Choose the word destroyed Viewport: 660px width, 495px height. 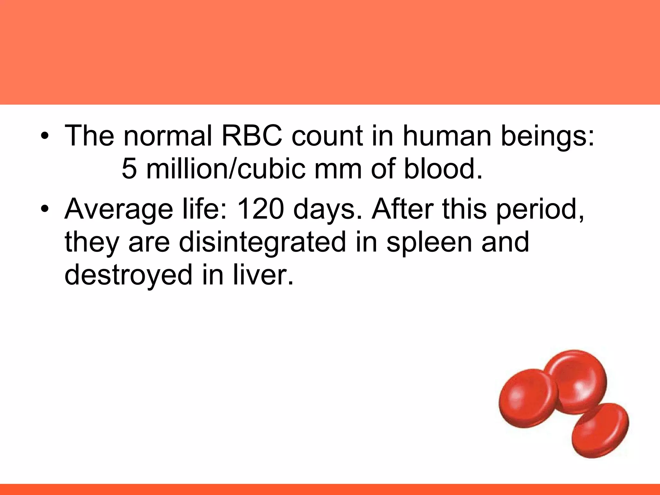[128, 275]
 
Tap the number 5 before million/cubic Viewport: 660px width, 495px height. [129, 169]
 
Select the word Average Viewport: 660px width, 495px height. [119, 209]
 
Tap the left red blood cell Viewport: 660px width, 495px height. [527, 400]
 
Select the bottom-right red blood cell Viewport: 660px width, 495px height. [600, 430]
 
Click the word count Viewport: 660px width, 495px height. [327, 136]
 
